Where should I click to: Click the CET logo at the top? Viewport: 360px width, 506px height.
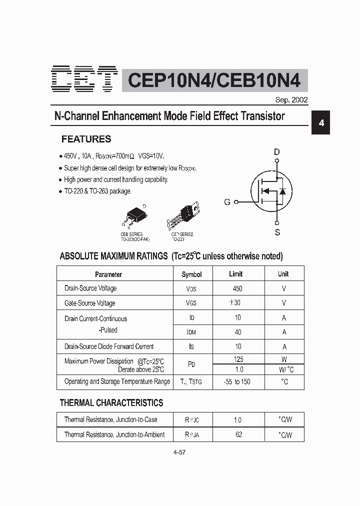pyautogui.click(x=84, y=79)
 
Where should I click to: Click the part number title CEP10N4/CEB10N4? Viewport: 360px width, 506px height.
pyautogui.click(x=215, y=80)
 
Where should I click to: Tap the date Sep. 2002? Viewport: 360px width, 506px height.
pyautogui.click(x=291, y=99)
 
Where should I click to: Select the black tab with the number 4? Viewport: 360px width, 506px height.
pyautogui.click(x=321, y=123)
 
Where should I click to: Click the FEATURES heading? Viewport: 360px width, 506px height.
pyautogui.click(x=86, y=139)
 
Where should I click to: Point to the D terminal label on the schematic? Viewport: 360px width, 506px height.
pyautogui.click(x=276, y=152)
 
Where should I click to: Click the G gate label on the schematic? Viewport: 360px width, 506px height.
pyautogui.click(x=227, y=202)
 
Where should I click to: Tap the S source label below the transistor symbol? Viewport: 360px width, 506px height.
pyautogui.click(x=277, y=232)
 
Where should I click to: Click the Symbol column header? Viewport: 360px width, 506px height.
pyautogui.click(x=191, y=274)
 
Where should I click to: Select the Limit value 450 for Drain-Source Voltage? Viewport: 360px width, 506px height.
pyautogui.click(x=237, y=288)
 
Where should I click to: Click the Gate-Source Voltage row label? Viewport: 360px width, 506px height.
pyautogui.click(x=90, y=303)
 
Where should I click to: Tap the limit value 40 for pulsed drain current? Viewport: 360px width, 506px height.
pyautogui.click(x=238, y=331)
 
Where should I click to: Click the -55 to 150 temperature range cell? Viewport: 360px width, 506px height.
pyautogui.click(x=237, y=381)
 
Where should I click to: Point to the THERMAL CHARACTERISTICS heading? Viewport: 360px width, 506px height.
pyautogui.click(x=111, y=402)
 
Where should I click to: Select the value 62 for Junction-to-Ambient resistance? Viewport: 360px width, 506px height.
pyautogui.click(x=238, y=434)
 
